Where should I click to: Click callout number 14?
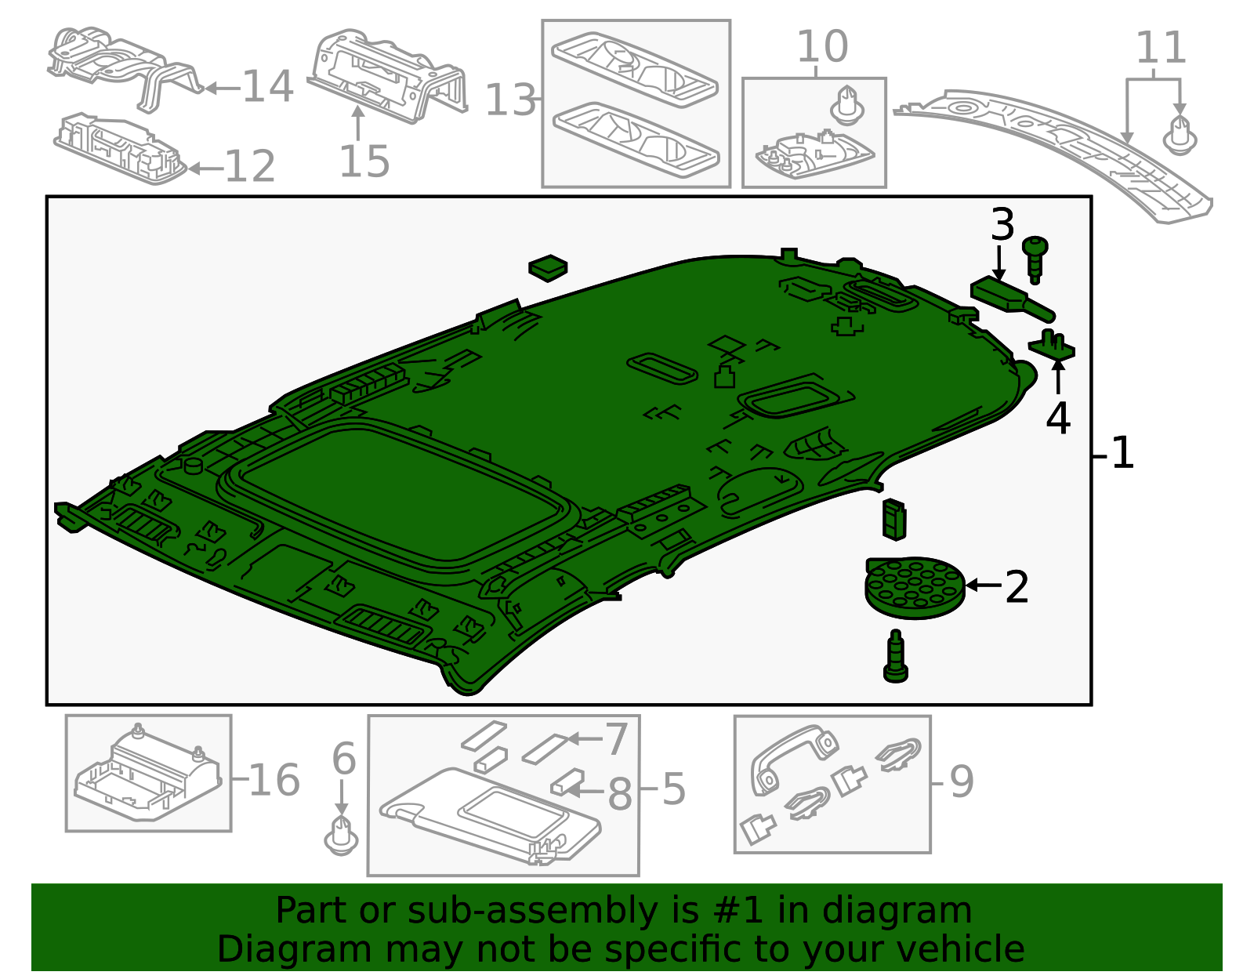[268, 86]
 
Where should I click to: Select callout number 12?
[250, 167]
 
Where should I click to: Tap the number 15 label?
[364, 162]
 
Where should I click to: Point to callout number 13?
[511, 101]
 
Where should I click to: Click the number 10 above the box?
[822, 47]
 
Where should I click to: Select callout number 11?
[1161, 49]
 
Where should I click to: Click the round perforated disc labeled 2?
[914, 588]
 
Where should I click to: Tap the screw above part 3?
[1035, 257]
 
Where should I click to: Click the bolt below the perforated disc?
[895, 657]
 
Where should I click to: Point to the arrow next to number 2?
[983, 585]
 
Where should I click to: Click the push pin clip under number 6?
[341, 836]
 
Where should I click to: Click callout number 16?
[274, 780]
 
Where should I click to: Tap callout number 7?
[617, 739]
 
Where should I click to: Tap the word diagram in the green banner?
[914, 911]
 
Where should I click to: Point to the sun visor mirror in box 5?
[513, 808]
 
